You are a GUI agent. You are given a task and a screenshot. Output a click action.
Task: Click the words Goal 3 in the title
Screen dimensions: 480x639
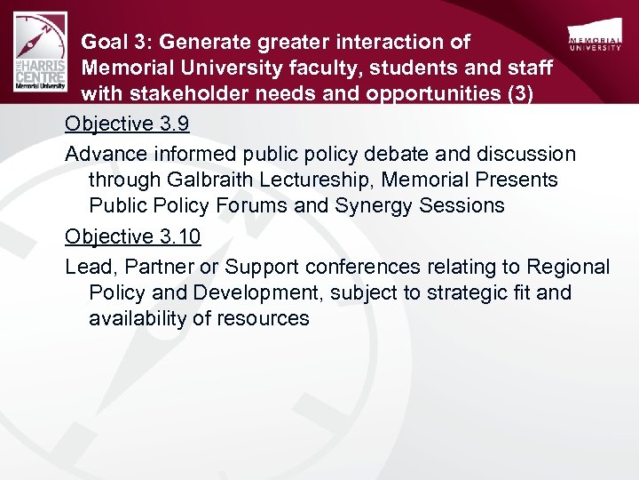[113, 42]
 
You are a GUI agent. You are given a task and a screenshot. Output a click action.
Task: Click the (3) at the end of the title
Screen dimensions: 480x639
[517, 95]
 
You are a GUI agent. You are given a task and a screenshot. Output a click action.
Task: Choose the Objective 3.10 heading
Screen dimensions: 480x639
[133, 236]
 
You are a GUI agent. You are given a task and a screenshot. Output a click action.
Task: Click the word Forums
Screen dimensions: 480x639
[253, 206]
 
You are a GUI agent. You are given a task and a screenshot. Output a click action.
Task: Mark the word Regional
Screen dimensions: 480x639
[569, 267]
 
